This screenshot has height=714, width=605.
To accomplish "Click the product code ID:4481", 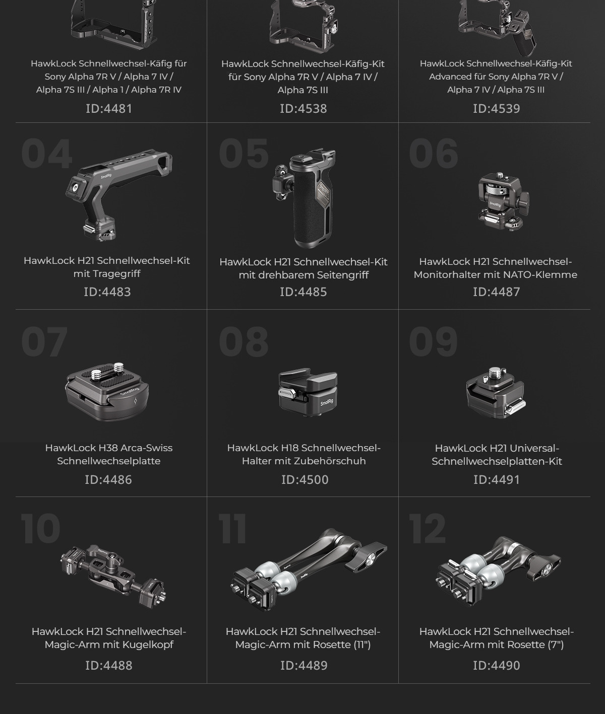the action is click(109, 108).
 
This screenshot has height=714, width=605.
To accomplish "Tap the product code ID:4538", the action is click(304, 108).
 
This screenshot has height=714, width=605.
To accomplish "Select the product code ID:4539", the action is click(497, 108).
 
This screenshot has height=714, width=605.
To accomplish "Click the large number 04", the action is click(47, 154).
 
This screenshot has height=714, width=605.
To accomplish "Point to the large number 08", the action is click(244, 341).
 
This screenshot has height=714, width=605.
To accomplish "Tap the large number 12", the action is click(427, 529).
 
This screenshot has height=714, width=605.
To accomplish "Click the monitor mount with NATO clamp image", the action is click(504, 201).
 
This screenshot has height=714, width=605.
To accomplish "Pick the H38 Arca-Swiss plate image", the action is click(107, 392).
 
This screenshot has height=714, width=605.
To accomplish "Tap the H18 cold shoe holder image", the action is click(308, 392).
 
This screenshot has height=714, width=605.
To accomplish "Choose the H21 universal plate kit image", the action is click(496, 392).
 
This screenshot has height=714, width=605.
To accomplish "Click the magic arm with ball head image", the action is click(113, 576).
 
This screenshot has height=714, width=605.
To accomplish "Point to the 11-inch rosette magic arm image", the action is click(309, 569).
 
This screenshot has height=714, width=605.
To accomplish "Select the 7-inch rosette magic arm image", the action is click(498, 571).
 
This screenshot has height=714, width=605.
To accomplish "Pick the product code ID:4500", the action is click(305, 479).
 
